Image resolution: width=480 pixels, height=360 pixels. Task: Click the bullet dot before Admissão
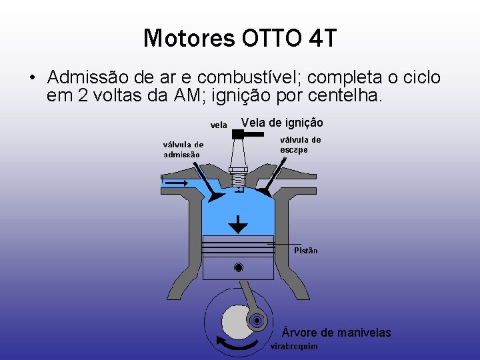tap(32, 78)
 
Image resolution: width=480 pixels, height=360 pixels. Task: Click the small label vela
tap(219, 125)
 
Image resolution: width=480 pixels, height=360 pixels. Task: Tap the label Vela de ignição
tap(282, 123)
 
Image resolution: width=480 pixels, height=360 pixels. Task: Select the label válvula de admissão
tap(183, 149)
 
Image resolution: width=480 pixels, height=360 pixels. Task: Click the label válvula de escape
tap(300, 145)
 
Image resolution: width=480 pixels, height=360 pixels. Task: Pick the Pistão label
tap(306, 251)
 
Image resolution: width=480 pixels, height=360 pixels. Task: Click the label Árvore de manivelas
tap(337, 332)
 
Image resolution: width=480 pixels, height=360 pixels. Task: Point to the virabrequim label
tap(294, 347)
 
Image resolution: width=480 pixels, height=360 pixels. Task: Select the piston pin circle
tap(238, 268)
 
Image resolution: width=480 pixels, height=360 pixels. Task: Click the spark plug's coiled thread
tap(238, 179)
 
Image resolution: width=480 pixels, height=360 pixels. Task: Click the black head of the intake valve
tap(215, 197)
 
